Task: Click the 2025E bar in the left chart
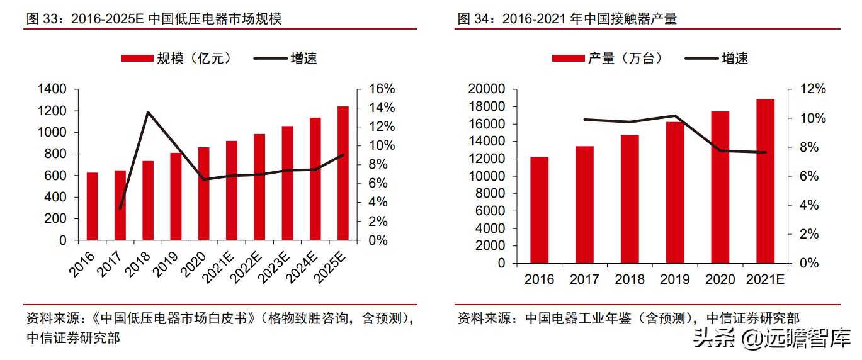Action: coord(343,173)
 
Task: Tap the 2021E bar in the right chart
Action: coord(765,181)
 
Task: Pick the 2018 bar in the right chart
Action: coord(630,199)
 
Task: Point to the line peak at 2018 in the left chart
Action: coord(147,113)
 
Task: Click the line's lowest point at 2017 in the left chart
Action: coord(120,208)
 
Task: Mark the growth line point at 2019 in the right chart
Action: coord(674,116)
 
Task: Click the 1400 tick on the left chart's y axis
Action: coord(52,89)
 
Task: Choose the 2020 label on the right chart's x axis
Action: coord(720,279)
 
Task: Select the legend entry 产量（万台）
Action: coord(608,59)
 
